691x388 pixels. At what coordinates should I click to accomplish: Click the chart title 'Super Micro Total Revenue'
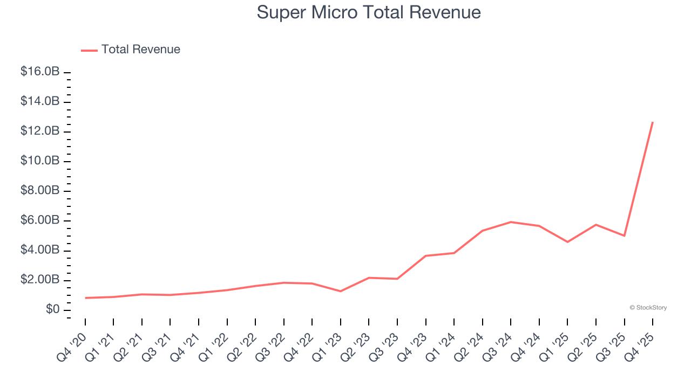pos(369,12)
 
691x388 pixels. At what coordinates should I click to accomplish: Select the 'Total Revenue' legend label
pos(140,50)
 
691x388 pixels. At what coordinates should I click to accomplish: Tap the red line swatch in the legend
pos(89,50)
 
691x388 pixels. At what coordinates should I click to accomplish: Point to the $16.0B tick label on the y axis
pos(39,72)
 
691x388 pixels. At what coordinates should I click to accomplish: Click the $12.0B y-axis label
pos(39,131)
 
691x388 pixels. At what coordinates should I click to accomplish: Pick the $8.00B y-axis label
pos(39,191)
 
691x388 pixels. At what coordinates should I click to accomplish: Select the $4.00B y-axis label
pos(39,250)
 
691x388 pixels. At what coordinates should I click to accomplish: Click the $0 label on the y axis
pos(52,310)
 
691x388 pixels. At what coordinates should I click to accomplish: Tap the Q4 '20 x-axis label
pos(72,348)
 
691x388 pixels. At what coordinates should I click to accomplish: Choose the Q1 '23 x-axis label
pos(328,348)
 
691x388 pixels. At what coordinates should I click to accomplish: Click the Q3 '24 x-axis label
pos(498,348)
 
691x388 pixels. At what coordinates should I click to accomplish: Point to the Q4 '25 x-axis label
pos(640,348)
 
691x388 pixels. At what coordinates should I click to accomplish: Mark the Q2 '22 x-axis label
pos(242,348)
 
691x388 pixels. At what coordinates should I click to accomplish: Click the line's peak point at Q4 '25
pos(653,122)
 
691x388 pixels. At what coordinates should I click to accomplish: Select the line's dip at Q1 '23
pos(341,291)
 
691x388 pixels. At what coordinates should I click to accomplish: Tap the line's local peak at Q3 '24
pos(511,222)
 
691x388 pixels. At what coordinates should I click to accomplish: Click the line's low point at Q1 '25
pos(567,242)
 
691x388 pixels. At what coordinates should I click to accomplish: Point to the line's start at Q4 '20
pos(85,297)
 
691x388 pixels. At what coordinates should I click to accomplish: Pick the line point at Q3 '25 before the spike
pos(624,235)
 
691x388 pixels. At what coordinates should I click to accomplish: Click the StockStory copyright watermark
pos(648,308)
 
